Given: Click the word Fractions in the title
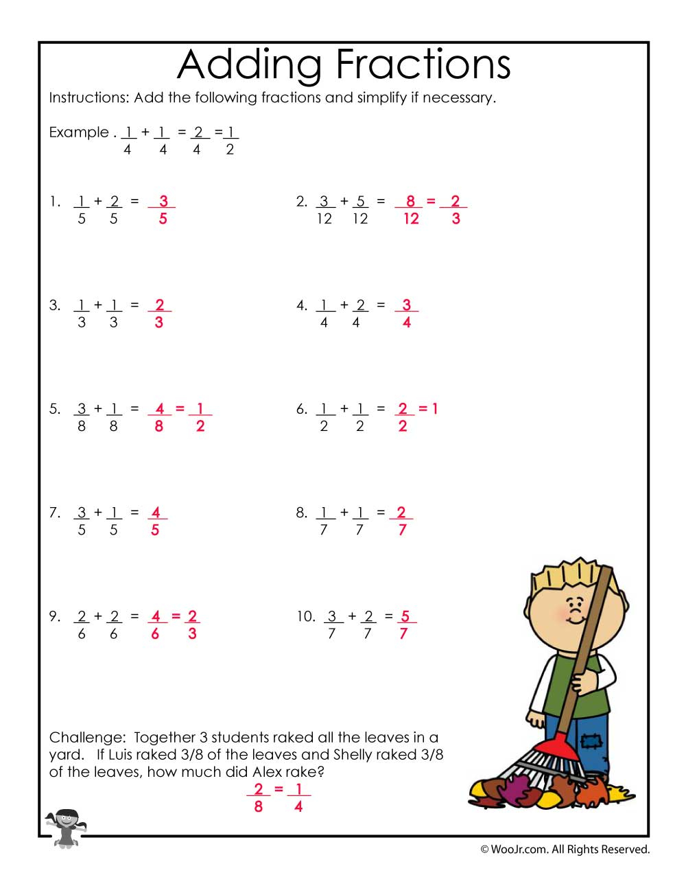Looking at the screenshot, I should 424,65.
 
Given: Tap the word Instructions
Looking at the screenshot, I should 88,97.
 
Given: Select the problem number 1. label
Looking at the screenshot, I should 55,202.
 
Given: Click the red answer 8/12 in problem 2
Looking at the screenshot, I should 410,210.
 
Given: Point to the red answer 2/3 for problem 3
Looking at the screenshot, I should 159,314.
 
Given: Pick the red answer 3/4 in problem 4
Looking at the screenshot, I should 406,314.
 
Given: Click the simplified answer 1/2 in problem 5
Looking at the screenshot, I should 200,417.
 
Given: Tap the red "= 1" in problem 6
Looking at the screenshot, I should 429,409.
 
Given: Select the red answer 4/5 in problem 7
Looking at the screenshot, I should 156,521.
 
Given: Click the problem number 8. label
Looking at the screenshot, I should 301,513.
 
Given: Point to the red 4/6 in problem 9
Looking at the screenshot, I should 156,624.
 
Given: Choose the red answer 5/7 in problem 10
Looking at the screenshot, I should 405,624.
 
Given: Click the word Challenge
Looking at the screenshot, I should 86,738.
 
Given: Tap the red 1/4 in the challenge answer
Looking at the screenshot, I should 298,797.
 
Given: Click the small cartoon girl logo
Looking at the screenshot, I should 66,827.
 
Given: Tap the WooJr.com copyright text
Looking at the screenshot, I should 565,850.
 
